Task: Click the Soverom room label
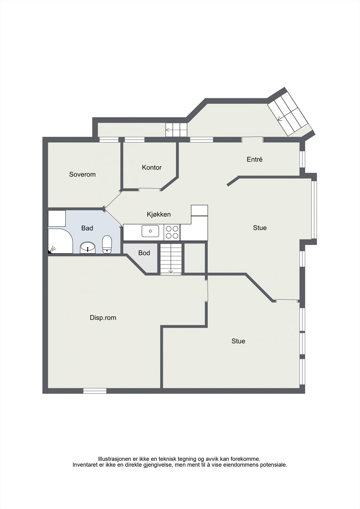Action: coord(82,174)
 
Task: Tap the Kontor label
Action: coord(152,167)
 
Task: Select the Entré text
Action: coord(254,159)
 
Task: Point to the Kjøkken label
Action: coord(159,214)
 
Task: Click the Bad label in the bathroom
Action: coord(87,228)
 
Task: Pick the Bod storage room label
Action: coord(144,253)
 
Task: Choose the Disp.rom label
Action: coord(103,317)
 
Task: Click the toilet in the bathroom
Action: coord(107,244)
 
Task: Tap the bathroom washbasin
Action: coord(88,248)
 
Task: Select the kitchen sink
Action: coord(150,231)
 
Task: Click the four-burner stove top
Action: coord(172,232)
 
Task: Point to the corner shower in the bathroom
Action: coord(60,241)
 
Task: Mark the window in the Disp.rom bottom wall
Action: coord(95,391)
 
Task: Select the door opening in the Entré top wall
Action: coord(252,140)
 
